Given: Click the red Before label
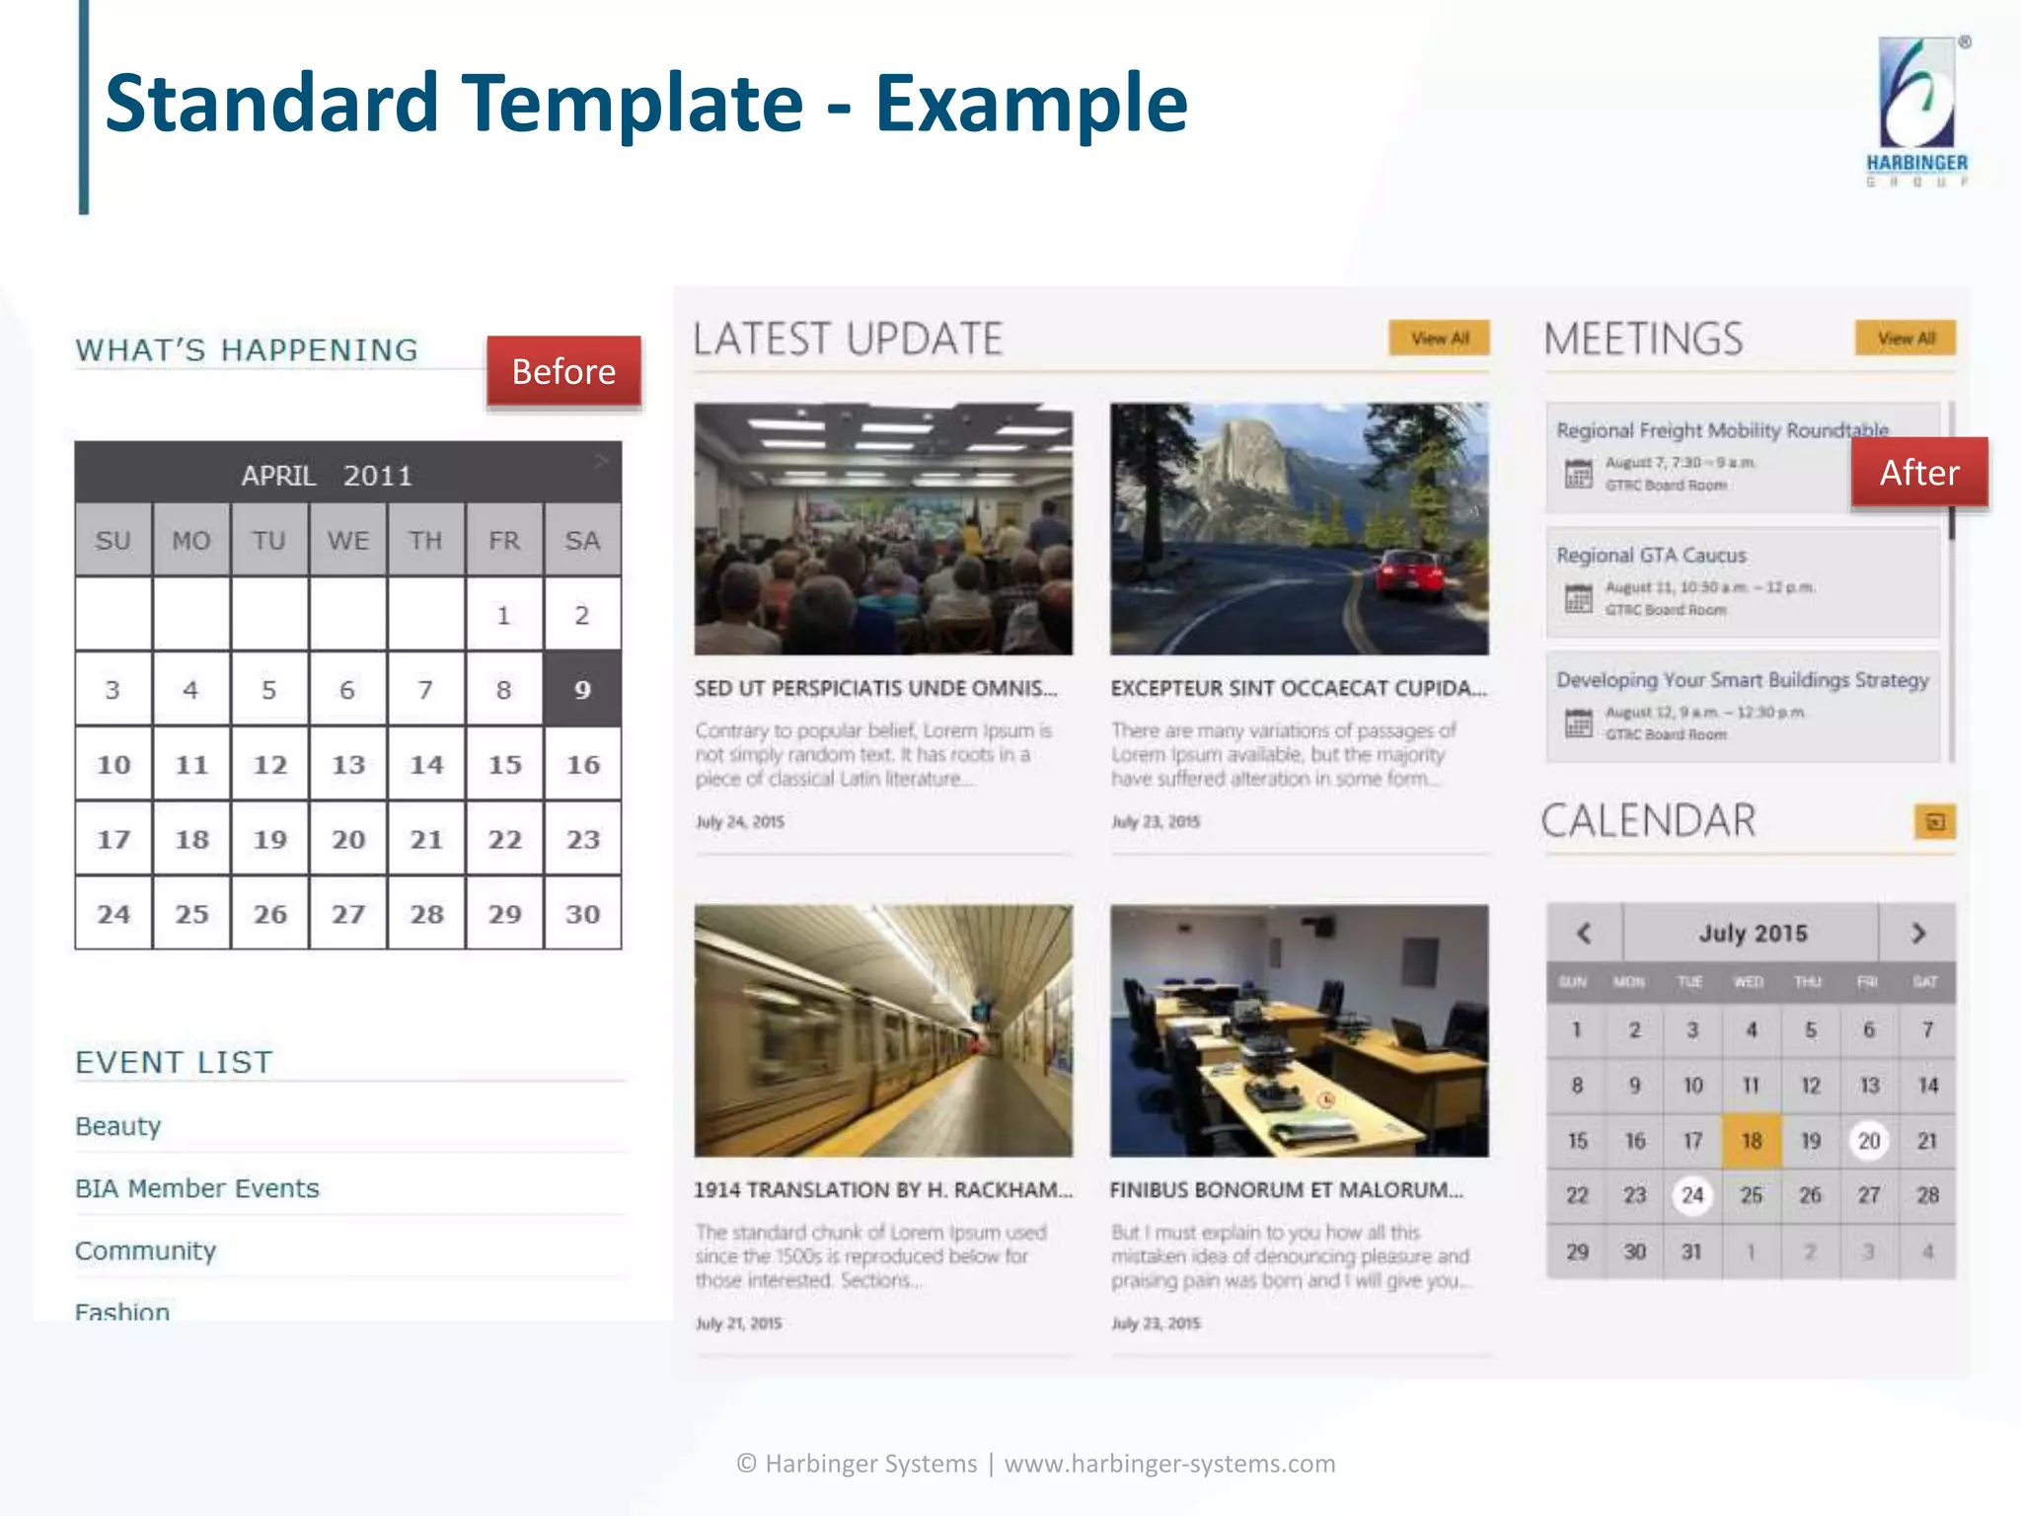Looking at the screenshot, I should point(563,371).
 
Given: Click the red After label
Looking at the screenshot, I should point(1918,473).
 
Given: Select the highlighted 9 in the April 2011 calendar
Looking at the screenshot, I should point(582,689).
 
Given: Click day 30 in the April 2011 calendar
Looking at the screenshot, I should point(582,914).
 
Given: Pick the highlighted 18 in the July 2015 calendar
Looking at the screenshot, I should point(1752,1141).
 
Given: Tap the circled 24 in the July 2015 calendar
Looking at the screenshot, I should point(1692,1195).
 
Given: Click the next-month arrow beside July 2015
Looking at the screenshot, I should point(1917,933).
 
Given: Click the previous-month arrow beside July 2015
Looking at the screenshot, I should point(1584,933).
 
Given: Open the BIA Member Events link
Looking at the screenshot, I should point(197,1188).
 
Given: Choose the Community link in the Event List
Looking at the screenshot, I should point(145,1251).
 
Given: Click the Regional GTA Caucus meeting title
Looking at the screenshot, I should point(1651,556).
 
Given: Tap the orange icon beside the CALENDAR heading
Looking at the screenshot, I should point(1934,821).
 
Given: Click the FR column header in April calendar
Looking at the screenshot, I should point(504,541).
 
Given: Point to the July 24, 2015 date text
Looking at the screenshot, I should point(739,821).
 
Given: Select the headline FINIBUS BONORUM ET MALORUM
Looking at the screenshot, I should point(1286,1190).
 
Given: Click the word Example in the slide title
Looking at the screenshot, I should point(1031,103).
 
